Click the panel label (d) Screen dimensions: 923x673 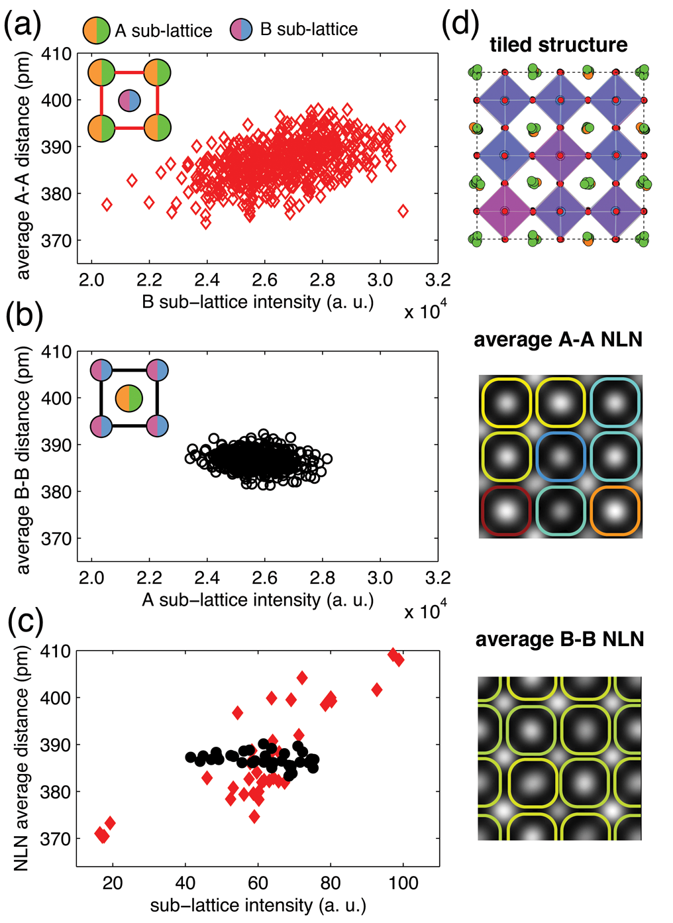[460, 25]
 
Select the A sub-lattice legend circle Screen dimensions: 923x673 [96, 30]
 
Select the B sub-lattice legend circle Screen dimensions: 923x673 [241, 30]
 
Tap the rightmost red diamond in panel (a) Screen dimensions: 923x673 [403, 211]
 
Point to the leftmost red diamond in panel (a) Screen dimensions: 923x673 [107, 205]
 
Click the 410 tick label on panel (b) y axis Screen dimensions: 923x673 [58, 352]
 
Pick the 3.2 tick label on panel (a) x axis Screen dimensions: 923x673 [438, 280]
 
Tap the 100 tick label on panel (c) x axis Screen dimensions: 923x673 [403, 883]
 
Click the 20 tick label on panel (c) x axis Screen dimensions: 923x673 [113, 883]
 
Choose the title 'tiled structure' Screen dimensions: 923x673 [559, 45]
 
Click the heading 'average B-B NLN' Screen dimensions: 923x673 [560, 639]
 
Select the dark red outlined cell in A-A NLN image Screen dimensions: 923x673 [507, 510]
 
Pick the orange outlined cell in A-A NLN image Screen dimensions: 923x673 [615, 511]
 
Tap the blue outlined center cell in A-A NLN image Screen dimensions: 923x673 [561, 457]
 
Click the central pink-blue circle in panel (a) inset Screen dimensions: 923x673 [130, 101]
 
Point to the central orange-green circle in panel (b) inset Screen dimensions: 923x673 [129, 399]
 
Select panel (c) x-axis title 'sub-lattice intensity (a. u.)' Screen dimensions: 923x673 [258, 906]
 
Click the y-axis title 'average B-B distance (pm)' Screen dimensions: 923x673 [23, 461]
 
